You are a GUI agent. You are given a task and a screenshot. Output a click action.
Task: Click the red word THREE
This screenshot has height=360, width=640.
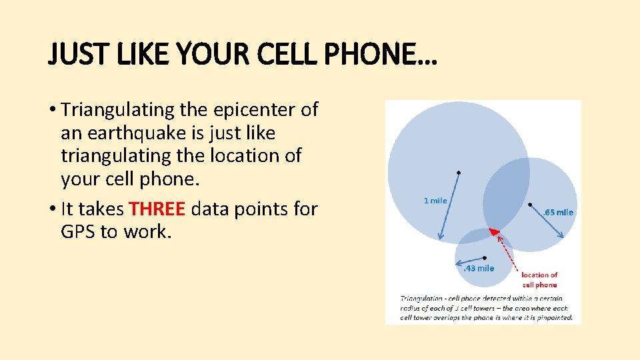coord(157,209)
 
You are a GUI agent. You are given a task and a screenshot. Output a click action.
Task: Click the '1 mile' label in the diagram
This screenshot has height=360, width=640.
coord(435,201)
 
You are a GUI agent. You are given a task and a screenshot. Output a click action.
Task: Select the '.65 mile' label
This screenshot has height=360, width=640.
coord(558,213)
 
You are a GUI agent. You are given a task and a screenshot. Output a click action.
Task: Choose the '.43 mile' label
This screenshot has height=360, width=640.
coord(479,268)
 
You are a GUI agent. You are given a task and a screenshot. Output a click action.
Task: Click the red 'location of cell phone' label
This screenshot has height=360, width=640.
coord(539,279)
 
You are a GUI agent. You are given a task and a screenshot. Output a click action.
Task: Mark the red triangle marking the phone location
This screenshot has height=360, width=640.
coord(494,231)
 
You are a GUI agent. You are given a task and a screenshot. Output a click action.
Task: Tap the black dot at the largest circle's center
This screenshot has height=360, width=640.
coord(458,173)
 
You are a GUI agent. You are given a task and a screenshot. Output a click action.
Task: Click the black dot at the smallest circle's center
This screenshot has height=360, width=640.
coord(485,257)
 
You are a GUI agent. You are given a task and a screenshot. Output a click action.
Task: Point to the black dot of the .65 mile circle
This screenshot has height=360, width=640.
coord(530,204)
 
